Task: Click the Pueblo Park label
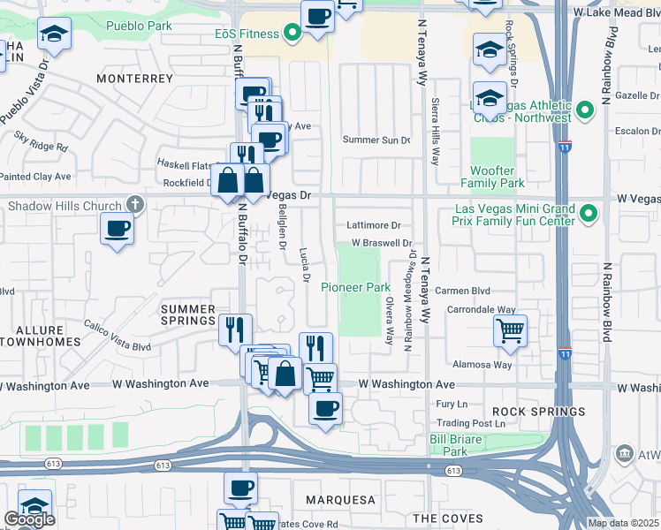click(139, 26)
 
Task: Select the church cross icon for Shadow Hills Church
click(133, 205)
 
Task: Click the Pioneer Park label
click(355, 287)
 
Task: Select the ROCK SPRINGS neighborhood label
click(539, 412)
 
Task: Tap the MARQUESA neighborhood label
click(341, 500)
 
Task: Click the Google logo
click(28, 519)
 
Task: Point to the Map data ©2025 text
click(623, 523)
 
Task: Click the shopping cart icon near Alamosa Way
click(510, 331)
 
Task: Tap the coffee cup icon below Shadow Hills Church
click(117, 231)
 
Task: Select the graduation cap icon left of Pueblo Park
click(53, 35)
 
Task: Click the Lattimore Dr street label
click(374, 225)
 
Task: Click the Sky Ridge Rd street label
click(41, 141)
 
